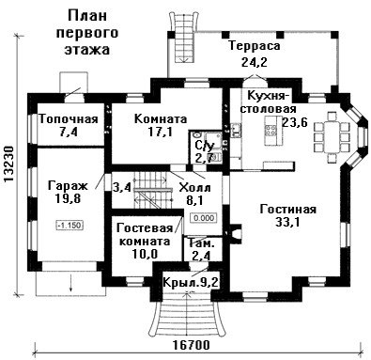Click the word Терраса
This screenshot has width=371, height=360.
coord(254,46)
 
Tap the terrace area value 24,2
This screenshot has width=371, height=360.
coord(254,62)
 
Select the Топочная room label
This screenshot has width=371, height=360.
coord(69,119)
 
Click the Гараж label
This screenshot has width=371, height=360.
coord(68,186)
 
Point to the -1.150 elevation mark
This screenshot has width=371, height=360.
coord(70,226)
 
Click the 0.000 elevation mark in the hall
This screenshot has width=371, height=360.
coord(204,218)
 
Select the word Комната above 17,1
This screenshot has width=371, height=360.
coord(161,119)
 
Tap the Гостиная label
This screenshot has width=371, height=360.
coord(288,210)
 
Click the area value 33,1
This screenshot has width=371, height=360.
coord(288,222)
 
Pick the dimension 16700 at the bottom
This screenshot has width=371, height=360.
coord(192,345)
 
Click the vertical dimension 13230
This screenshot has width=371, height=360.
coord(9,164)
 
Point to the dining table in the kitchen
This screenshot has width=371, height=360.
coord(332,137)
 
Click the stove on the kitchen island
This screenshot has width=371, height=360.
coord(271,130)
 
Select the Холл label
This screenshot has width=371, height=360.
coord(194,188)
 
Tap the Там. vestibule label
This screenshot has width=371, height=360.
coord(202,243)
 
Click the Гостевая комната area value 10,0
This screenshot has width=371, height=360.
coord(145,254)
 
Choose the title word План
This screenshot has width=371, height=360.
coord(87,16)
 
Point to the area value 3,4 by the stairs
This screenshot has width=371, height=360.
coord(122,188)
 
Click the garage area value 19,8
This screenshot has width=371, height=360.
coord(69,198)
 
